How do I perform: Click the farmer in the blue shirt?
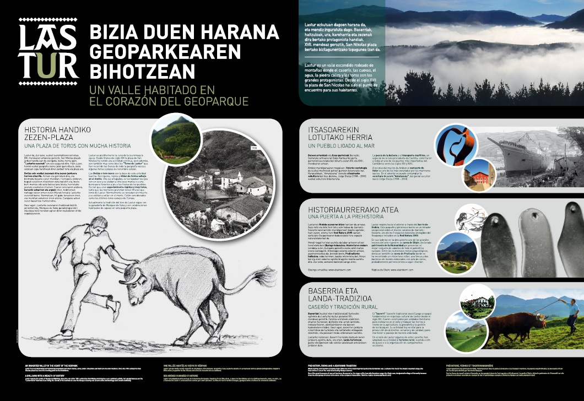click(572, 315)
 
